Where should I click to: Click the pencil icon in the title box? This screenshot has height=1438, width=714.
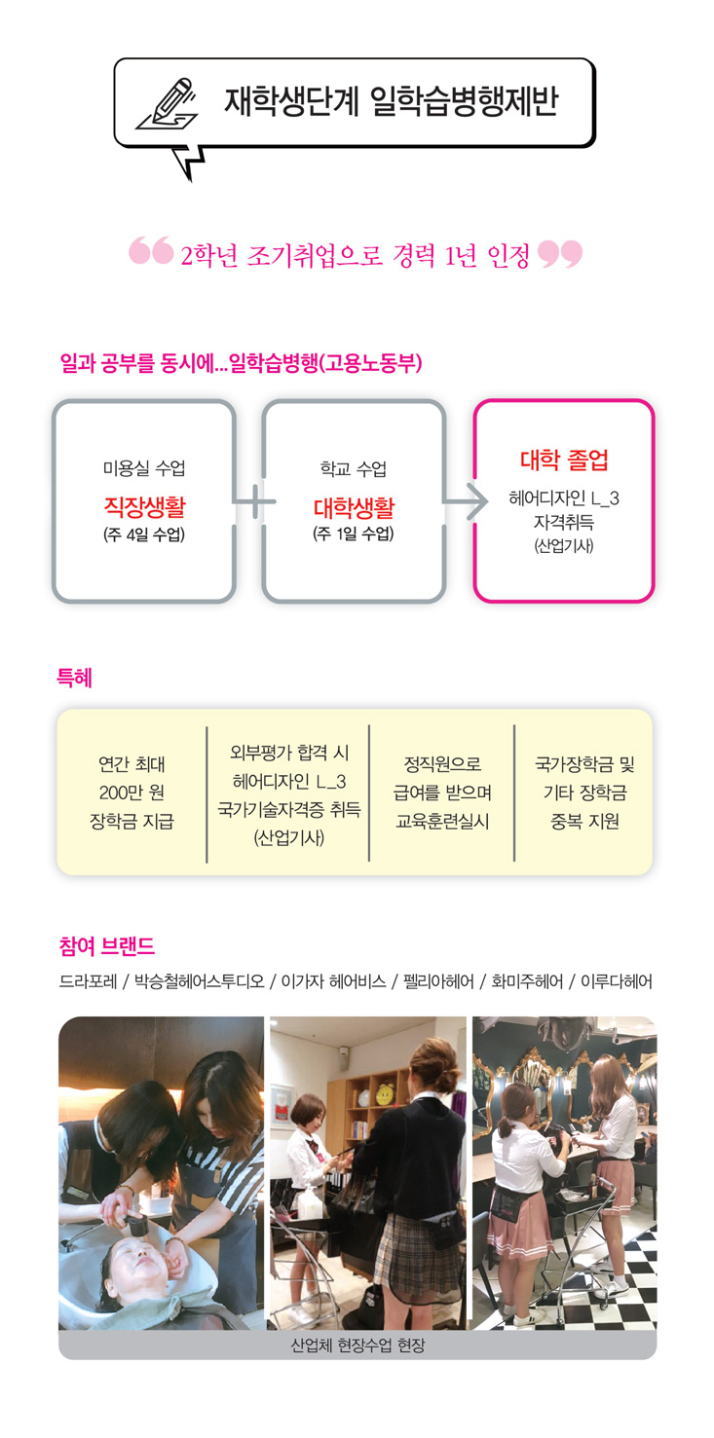167,103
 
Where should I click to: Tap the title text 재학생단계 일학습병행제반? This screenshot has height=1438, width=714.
391,101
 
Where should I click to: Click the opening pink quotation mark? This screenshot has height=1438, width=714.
151,250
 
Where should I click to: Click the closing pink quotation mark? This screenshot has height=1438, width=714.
560,253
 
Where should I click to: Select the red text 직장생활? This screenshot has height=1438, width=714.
144,506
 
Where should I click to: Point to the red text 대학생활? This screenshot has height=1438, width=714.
354,507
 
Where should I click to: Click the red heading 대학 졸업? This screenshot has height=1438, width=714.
564,460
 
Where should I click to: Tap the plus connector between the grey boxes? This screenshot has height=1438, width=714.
255,501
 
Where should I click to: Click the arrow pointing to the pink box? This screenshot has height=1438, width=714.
467,501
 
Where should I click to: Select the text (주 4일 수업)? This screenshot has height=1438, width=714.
144,535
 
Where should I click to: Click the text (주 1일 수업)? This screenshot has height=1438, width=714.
354,535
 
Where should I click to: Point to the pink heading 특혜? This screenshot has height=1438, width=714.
74,678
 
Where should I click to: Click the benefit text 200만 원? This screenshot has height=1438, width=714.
132,793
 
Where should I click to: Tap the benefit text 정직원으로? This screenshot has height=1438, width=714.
442,764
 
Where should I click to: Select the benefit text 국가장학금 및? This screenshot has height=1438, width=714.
584,764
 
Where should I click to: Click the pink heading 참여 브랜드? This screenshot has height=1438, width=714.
106,946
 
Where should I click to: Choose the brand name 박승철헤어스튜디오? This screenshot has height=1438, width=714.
199,981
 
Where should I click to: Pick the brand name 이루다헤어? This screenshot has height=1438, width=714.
617,981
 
